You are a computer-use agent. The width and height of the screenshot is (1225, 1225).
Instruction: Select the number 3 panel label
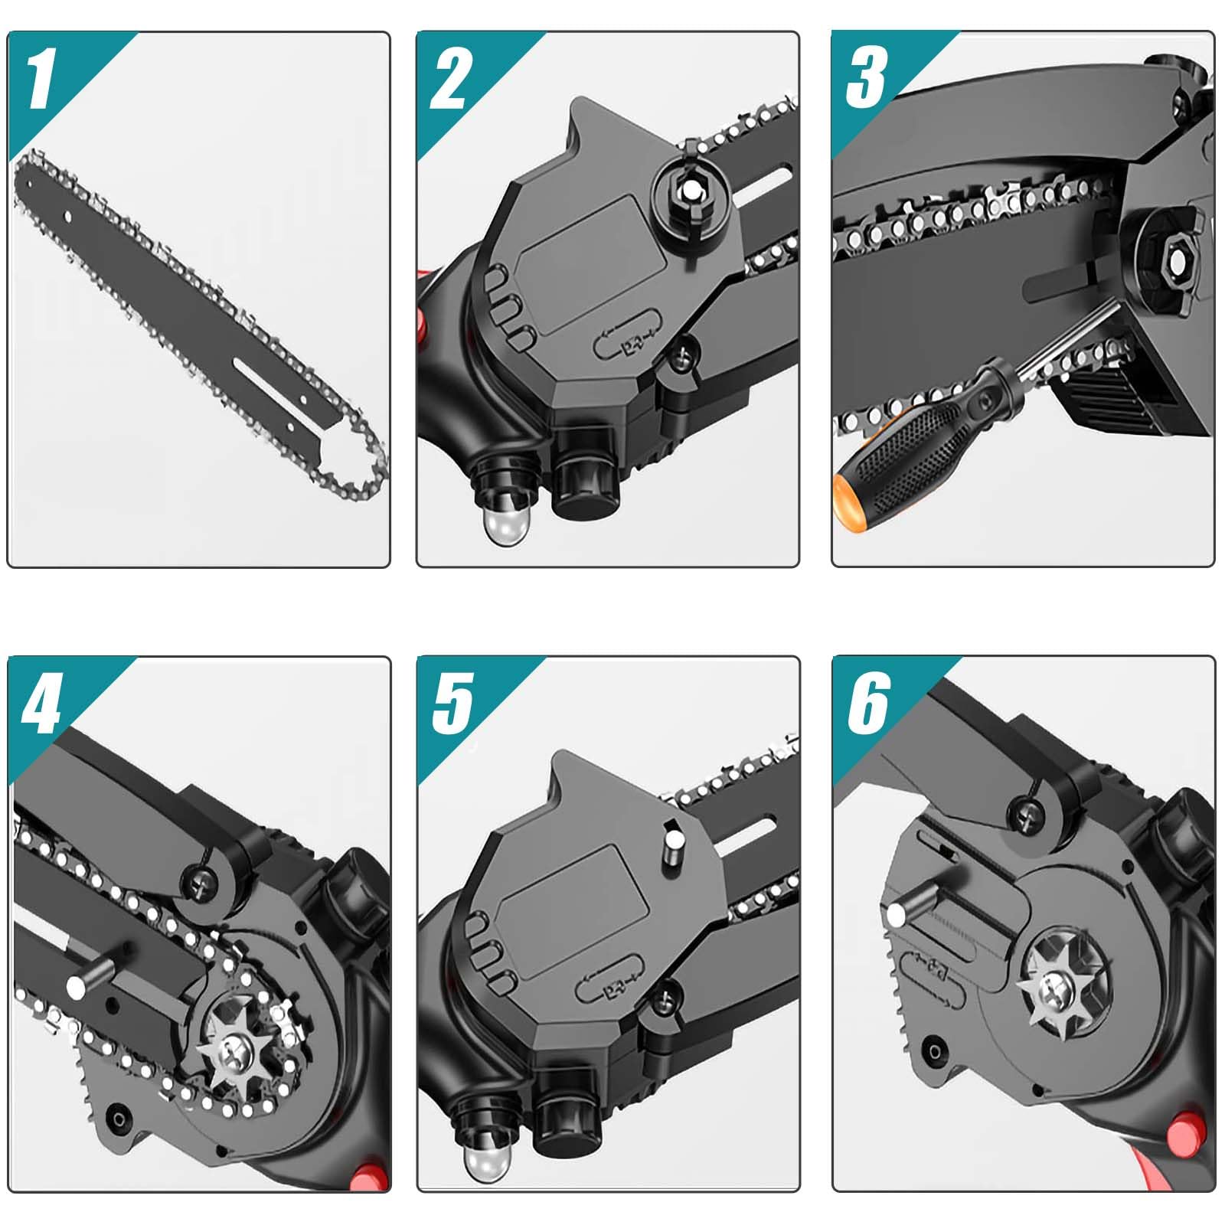coord(867,77)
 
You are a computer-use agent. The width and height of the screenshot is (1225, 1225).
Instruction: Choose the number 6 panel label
coord(868,703)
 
